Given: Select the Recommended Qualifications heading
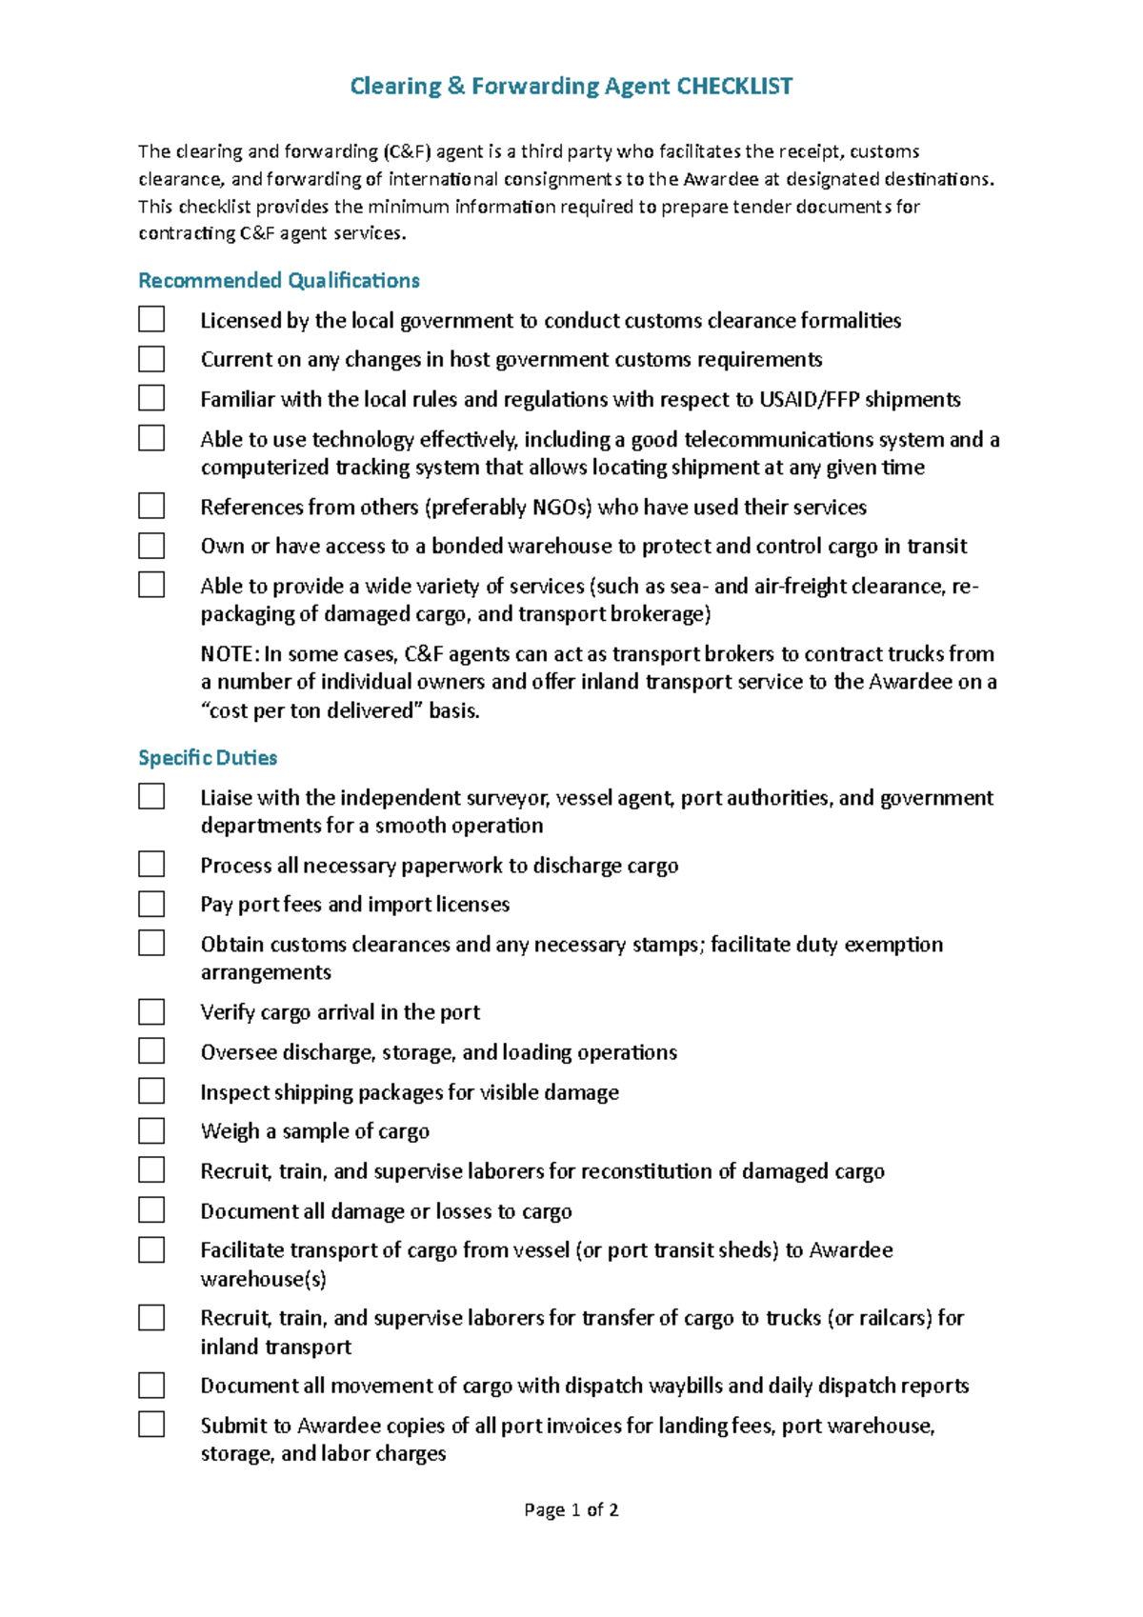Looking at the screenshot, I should [278, 281].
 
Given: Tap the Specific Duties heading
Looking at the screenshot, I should [208, 758].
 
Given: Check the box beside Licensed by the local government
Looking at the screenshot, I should [151, 319].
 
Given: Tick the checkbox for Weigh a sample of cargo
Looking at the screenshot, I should [151, 1130].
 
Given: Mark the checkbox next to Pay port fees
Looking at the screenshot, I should [151, 904].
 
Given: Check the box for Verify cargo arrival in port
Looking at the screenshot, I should [151, 1011].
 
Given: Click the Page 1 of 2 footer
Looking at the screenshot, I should [571, 1510].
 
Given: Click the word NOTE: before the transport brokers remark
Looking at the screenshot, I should [229, 654].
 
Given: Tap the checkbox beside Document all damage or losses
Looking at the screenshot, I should [151, 1210].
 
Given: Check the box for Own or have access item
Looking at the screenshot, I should [151, 546].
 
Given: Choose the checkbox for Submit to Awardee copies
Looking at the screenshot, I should [151, 1425].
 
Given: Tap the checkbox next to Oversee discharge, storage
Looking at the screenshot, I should [151, 1051].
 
